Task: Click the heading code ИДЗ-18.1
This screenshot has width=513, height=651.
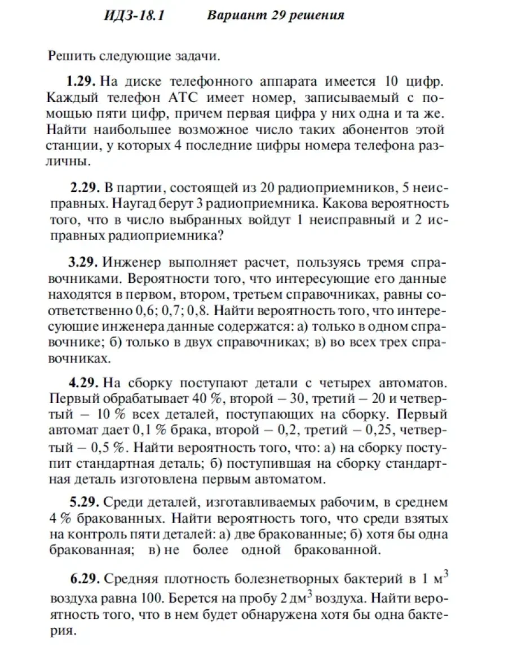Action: (x=134, y=15)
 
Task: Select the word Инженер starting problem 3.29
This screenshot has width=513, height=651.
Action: (x=131, y=263)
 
